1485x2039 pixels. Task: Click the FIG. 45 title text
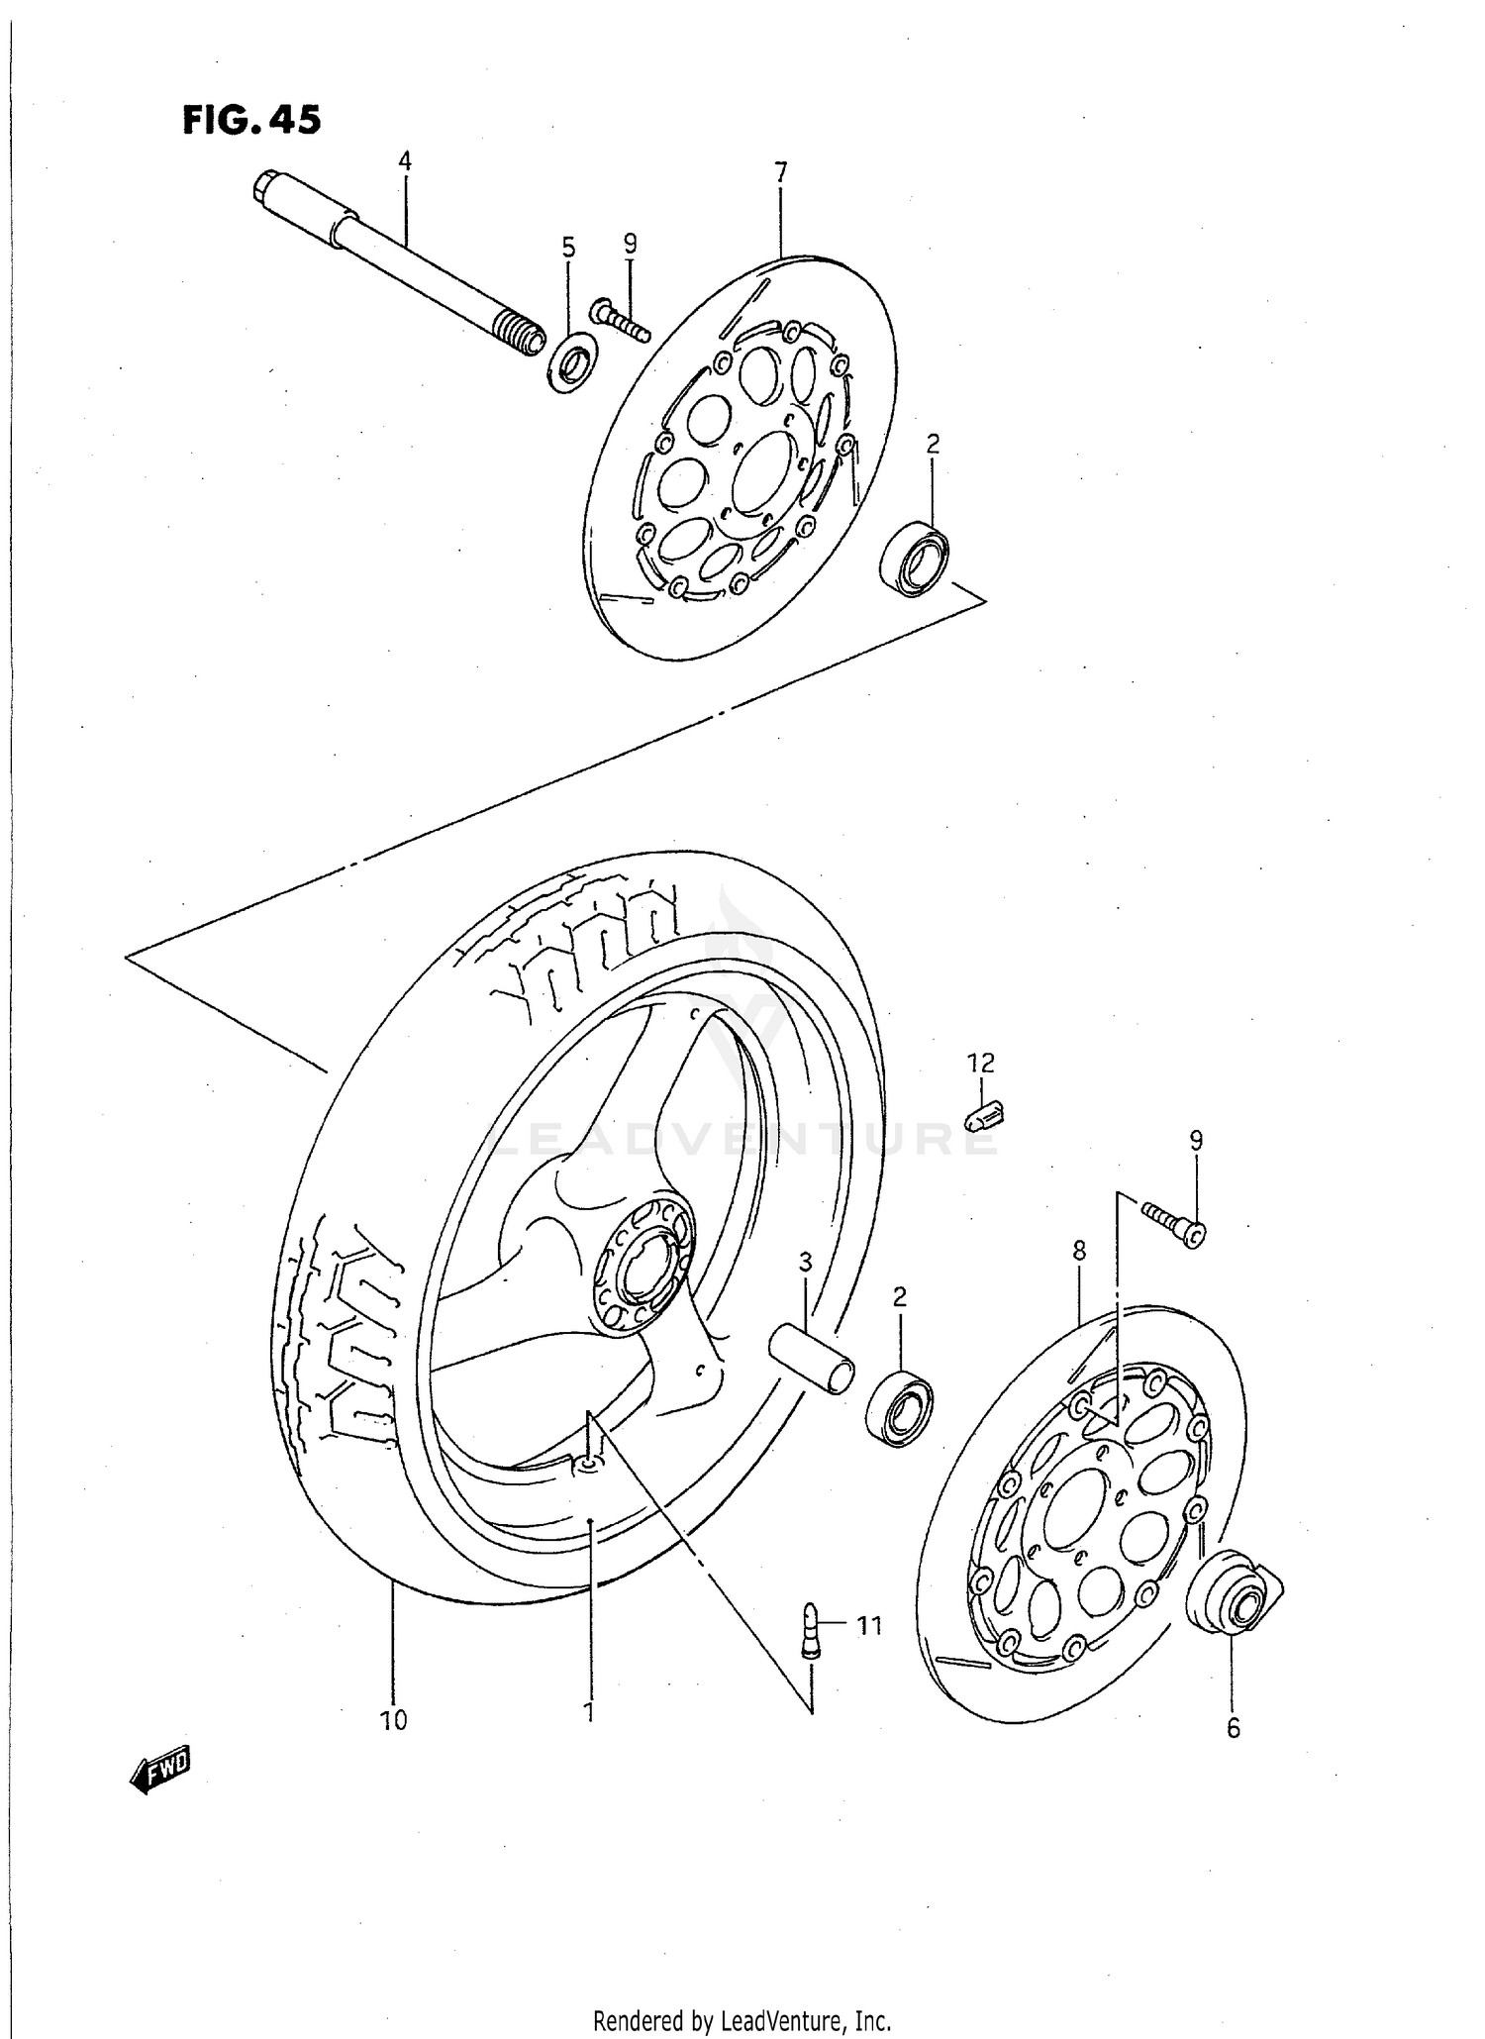coord(251,120)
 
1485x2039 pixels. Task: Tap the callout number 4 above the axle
coord(404,160)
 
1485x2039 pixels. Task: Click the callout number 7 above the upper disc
coord(780,172)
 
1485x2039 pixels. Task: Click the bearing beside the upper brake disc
coord(915,560)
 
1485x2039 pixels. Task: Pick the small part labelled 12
coord(985,1119)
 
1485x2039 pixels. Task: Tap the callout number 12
coord(980,1064)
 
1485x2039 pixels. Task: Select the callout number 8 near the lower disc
coord(1079,1251)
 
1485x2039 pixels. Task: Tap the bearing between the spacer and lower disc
coord(899,1408)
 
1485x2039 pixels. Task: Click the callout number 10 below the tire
coord(393,1721)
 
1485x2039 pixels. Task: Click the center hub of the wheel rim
coord(643,1266)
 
